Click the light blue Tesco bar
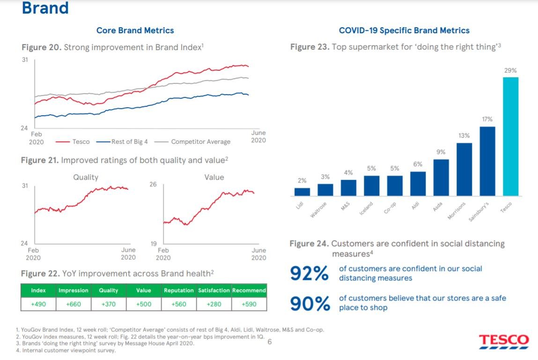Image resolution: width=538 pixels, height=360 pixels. point(510,136)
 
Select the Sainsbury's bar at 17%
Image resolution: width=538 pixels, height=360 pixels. point(487,161)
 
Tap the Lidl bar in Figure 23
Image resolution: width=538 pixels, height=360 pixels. point(302,191)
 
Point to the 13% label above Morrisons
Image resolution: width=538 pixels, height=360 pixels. point(464,135)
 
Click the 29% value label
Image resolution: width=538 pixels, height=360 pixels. point(510,70)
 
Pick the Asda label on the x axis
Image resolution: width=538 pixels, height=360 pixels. point(438,206)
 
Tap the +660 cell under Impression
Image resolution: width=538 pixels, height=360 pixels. point(73,304)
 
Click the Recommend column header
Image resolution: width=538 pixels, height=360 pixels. point(249,290)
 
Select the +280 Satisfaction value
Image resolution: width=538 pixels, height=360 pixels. point(214,304)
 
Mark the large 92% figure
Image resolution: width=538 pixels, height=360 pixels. point(309,274)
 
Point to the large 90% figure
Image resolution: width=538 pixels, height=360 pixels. point(309,303)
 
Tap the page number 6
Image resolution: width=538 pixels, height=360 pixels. point(269,342)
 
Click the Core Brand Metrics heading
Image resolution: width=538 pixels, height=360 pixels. point(135,30)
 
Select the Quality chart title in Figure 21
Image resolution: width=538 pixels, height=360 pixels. point(86,177)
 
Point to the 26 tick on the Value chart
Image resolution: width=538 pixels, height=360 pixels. point(153,184)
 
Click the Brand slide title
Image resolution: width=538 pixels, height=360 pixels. point(45,8)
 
